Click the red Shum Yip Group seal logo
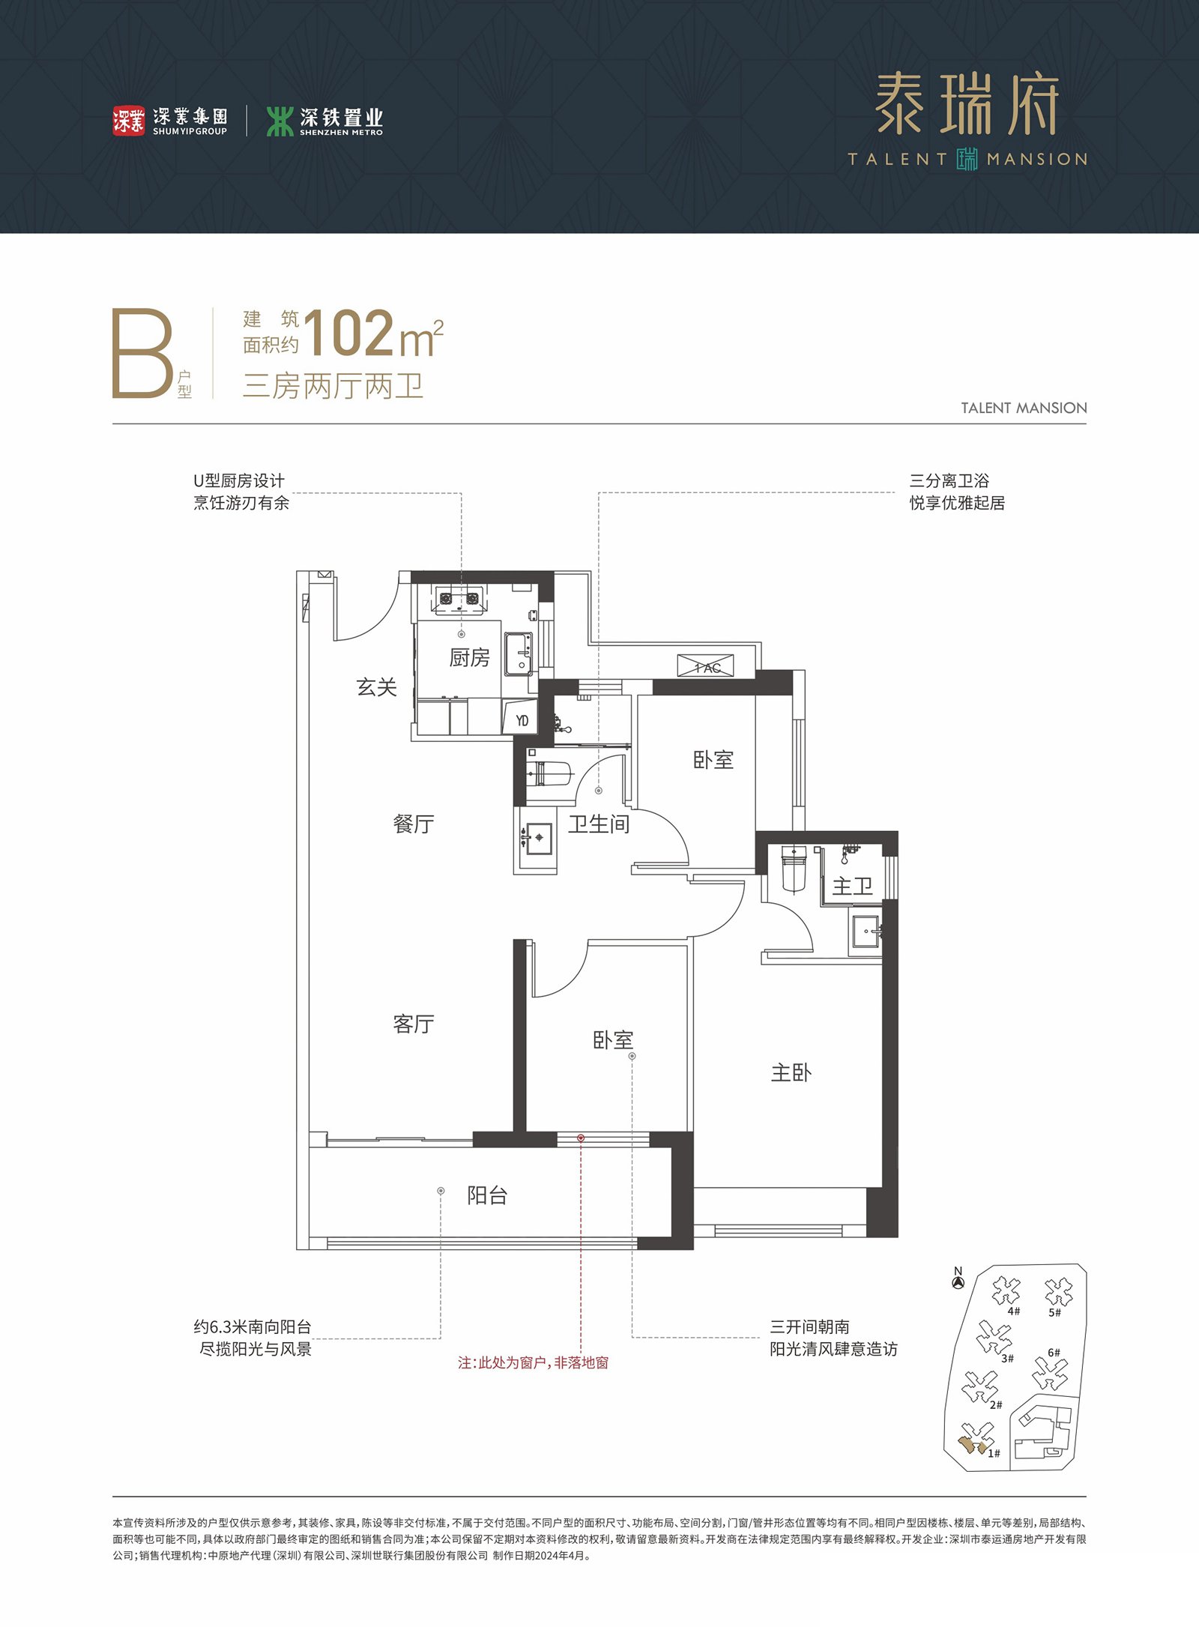click(129, 121)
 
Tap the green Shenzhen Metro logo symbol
click(280, 121)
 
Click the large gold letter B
click(142, 353)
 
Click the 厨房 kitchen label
click(469, 657)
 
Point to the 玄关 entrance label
click(376, 686)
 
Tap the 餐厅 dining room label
click(414, 824)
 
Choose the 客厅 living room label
click(414, 1024)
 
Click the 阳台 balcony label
click(487, 1195)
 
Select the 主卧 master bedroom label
click(791, 1072)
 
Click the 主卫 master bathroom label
click(853, 886)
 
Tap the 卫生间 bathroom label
click(598, 824)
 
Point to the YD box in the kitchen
click(520, 719)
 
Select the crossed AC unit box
click(706, 665)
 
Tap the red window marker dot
click(581, 1138)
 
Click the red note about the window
click(534, 1362)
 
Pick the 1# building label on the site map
click(994, 1453)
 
